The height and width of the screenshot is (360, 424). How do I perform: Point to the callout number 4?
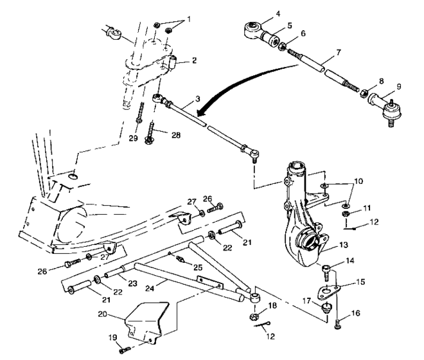click(260, 13)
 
